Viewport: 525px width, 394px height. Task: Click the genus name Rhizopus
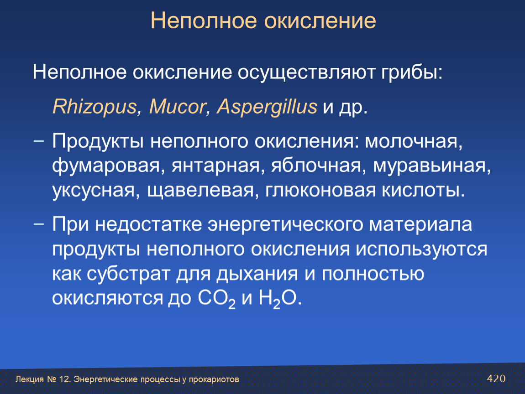coord(95,107)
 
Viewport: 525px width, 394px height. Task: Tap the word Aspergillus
coord(267,107)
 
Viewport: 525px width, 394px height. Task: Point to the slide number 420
coord(496,378)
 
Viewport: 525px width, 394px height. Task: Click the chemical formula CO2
coord(216,298)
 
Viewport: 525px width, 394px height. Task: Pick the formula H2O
coord(278,298)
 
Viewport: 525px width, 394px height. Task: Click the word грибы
coord(411,72)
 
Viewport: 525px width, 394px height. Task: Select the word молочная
coord(414,141)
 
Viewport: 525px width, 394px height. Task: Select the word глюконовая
coord(321,191)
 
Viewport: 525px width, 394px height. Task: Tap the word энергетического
coord(285,224)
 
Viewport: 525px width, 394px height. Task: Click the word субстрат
coord(128,274)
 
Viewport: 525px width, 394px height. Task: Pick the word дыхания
coord(257,274)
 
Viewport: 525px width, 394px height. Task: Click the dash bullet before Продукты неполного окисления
coord(39,141)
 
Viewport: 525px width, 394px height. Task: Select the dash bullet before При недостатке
coord(39,224)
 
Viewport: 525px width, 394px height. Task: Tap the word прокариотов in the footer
coord(214,379)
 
